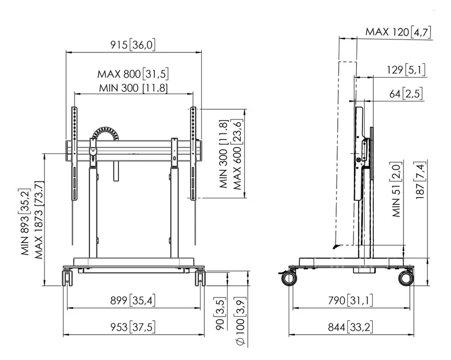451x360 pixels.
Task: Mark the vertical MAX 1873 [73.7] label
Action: pyautogui.click(x=39, y=220)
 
